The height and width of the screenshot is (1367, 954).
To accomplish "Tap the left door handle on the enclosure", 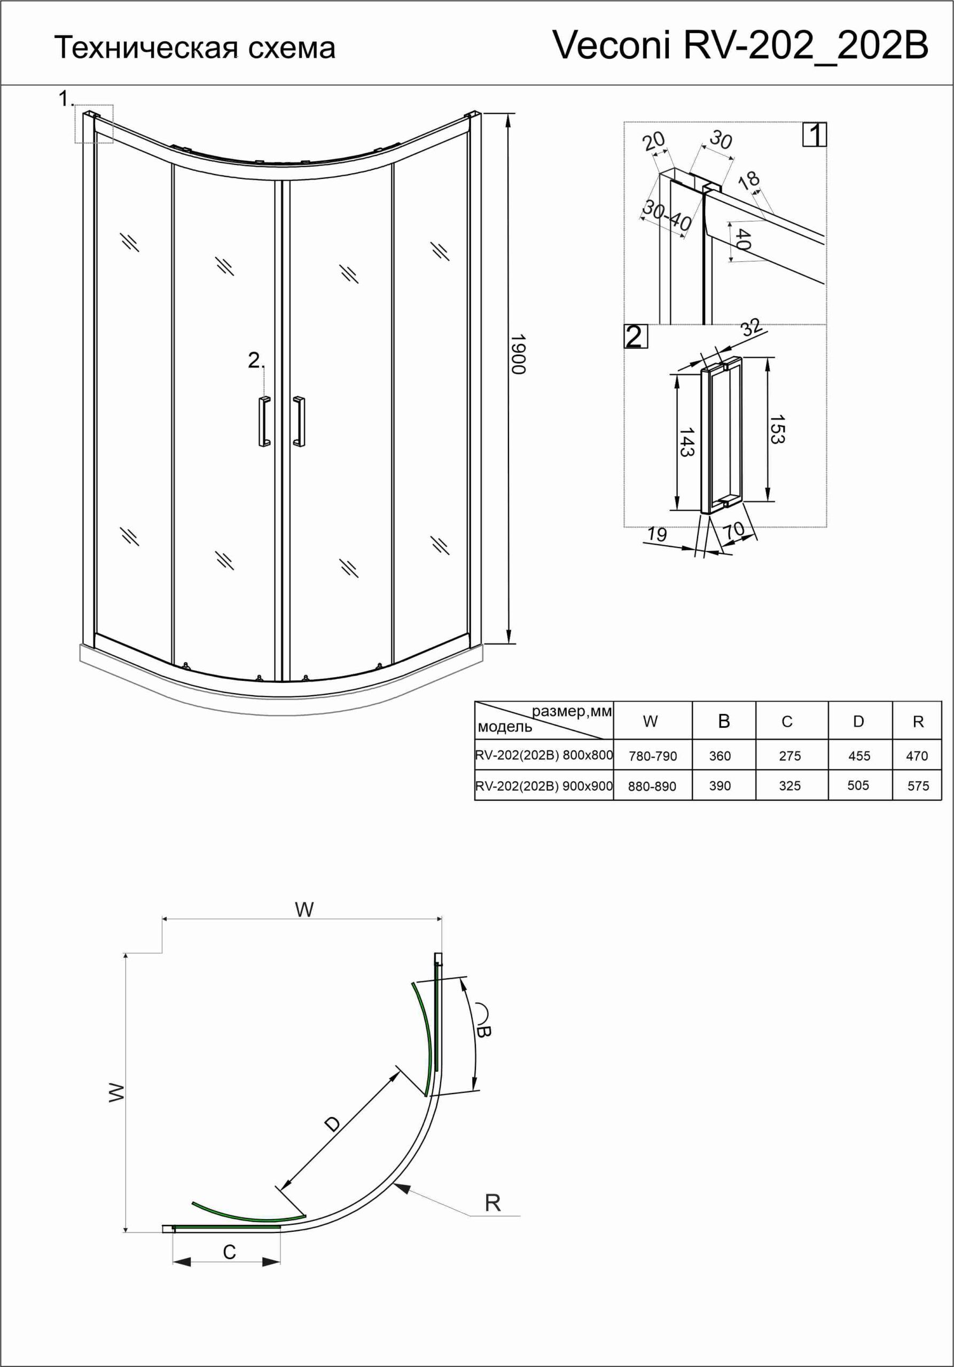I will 264,421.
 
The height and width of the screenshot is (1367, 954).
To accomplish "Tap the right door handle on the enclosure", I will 299,421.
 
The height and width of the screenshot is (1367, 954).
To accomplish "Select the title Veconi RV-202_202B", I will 740,45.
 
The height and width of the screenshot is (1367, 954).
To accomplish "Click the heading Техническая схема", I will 195,48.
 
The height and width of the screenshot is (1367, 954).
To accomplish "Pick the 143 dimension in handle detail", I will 686,442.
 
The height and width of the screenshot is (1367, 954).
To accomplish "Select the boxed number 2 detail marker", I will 635,337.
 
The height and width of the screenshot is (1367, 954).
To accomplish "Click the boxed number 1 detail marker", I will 814,135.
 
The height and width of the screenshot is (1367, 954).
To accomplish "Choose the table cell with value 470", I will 917,756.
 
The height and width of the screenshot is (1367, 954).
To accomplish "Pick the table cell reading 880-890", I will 652,786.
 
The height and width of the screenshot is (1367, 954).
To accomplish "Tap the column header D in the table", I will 858,721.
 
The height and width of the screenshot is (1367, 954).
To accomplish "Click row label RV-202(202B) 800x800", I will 544,755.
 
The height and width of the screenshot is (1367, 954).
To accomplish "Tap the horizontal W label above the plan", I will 304,909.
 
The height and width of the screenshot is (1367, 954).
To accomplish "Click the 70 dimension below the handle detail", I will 734,530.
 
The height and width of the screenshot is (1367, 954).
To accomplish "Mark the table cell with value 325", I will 789,786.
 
